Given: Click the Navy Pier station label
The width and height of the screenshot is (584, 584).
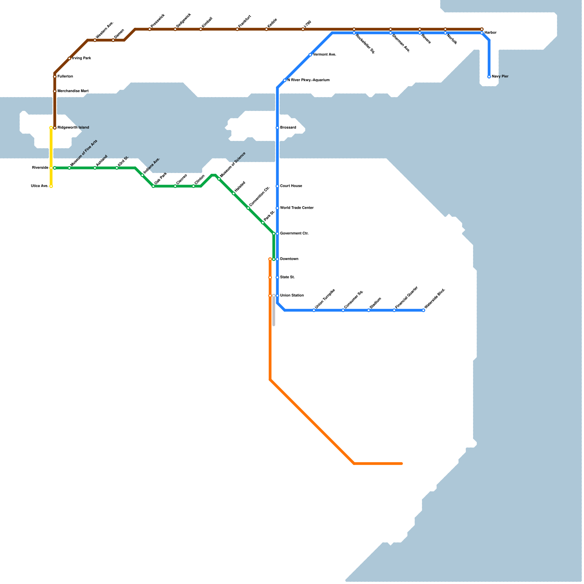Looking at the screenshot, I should [x=500, y=77].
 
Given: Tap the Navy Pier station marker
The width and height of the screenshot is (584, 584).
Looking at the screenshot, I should [x=489, y=77].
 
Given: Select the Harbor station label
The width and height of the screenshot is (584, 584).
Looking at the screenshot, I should [x=491, y=33].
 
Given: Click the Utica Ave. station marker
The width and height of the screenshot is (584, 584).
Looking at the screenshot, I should [x=51, y=186].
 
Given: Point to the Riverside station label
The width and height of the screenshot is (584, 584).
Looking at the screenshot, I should [x=40, y=168].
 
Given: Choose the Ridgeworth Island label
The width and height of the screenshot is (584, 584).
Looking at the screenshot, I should [x=73, y=128].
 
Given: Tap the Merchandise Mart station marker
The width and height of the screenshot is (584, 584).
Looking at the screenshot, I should [x=55, y=91].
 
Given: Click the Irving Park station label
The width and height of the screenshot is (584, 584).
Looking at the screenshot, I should [x=81, y=58].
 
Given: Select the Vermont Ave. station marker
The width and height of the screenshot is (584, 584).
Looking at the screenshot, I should [x=310, y=55].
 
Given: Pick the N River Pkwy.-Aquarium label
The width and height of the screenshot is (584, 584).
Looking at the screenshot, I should [x=308, y=80].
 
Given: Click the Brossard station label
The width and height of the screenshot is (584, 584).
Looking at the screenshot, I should [x=288, y=128].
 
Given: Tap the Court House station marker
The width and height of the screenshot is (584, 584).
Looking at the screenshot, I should [x=277, y=186].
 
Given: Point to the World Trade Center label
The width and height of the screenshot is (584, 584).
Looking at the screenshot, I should [x=297, y=208].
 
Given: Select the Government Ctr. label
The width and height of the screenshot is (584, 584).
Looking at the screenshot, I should [x=294, y=234].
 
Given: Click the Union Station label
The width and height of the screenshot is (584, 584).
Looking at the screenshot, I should [x=292, y=296].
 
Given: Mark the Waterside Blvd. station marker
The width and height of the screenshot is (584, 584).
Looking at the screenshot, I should [x=423, y=310].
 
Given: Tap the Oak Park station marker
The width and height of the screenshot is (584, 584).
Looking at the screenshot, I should [x=153, y=186].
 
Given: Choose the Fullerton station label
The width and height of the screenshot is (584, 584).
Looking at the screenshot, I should [x=65, y=77].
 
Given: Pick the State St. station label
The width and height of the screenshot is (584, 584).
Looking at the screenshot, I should [x=287, y=277].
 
